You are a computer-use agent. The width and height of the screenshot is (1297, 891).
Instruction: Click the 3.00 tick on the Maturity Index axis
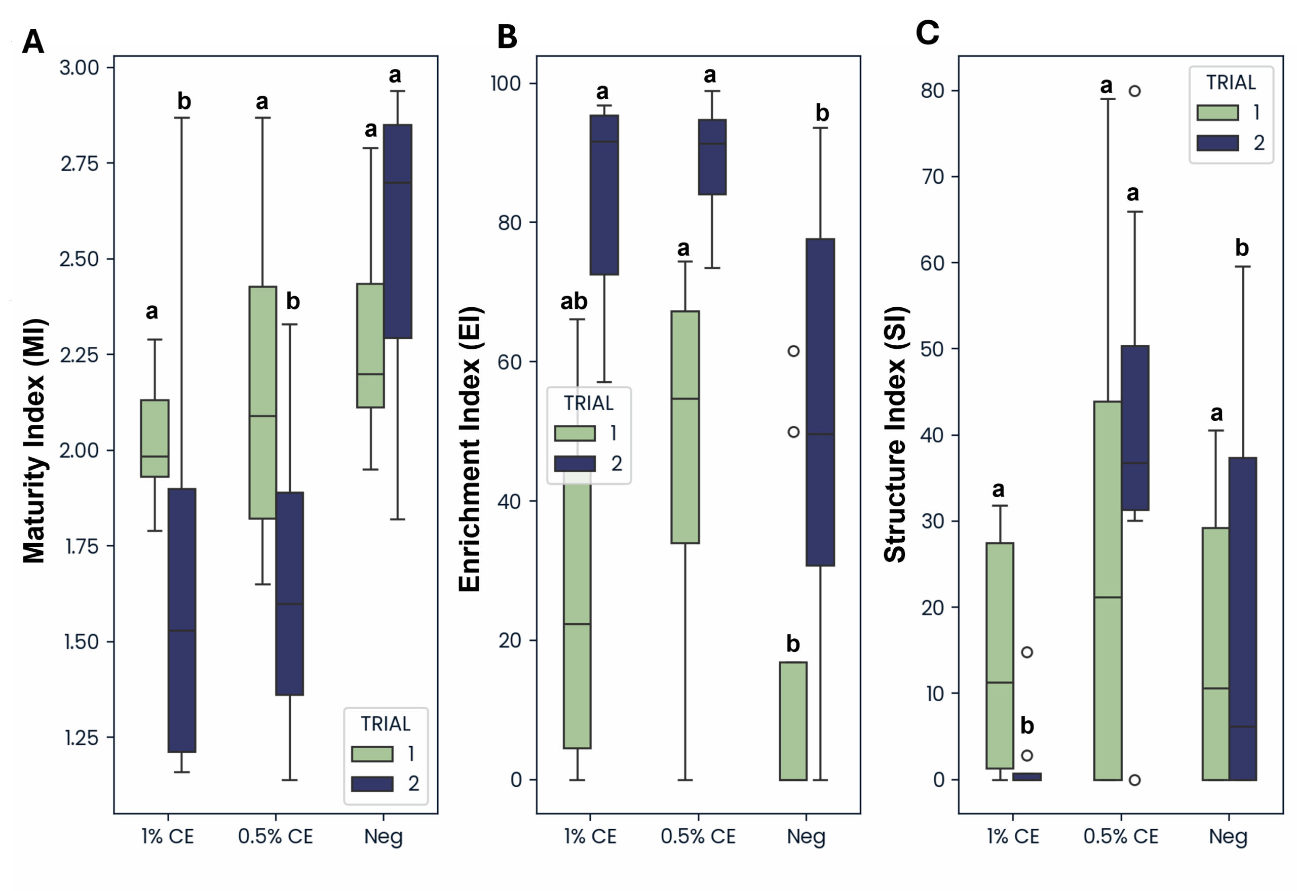[x=80, y=68]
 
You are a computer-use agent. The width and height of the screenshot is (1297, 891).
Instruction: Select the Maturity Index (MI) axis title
[x=34, y=441]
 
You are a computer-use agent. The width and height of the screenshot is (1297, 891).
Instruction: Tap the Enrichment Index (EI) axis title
[x=470, y=449]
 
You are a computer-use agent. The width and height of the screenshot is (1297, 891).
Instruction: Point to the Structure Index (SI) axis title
[x=895, y=434]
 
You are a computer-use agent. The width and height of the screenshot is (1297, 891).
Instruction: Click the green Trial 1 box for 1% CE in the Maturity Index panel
[x=155, y=438]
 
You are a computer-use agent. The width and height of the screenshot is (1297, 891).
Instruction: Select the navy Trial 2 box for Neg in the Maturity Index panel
[x=398, y=231]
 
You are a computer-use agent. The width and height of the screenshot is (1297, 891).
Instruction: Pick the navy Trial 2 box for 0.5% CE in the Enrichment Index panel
[x=712, y=157]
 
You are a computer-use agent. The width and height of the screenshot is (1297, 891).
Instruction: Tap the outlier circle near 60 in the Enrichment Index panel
[x=793, y=351]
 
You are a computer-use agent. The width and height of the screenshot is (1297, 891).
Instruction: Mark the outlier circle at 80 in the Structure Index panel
[x=1134, y=91]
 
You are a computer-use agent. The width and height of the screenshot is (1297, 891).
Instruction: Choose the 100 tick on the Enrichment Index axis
[x=505, y=84]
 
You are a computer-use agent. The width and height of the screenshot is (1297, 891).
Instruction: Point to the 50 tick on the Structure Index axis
[x=932, y=349]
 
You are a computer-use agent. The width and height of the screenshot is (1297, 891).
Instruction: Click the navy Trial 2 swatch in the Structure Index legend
[x=1217, y=143]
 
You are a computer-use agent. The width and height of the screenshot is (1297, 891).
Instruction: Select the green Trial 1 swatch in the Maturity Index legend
[x=372, y=754]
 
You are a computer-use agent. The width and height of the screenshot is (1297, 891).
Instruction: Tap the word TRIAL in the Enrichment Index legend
[x=588, y=403]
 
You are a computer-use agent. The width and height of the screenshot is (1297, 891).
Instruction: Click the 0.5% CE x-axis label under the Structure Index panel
[x=1121, y=836]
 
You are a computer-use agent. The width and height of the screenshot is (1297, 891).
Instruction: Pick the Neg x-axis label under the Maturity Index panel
[x=383, y=836]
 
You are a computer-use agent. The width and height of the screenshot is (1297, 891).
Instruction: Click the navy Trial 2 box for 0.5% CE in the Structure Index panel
[x=1135, y=428]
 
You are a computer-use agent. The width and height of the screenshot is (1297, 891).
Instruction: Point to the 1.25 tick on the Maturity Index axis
[x=81, y=738]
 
